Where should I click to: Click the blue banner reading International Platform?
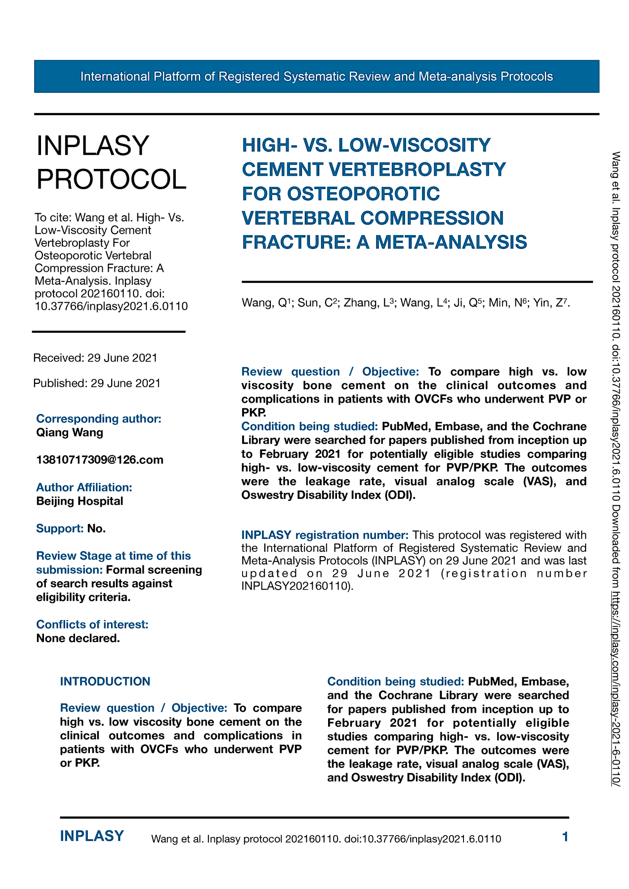[316, 77]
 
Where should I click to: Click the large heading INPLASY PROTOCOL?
[111, 162]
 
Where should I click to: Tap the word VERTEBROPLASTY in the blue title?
[417, 169]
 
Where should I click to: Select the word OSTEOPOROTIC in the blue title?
[363, 194]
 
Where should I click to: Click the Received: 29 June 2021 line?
[95, 358]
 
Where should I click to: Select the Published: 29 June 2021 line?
[97, 383]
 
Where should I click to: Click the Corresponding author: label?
[99, 419]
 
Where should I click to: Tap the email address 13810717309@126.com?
[100, 460]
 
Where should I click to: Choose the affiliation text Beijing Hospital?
[80, 501]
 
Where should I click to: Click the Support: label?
[60, 529]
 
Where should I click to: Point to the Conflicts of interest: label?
[92, 625]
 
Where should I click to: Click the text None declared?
[78, 639]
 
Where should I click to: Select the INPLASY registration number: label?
[325, 535]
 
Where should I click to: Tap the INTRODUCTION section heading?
[105, 682]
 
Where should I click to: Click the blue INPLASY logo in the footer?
[92, 836]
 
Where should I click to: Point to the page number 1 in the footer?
[565, 837]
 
